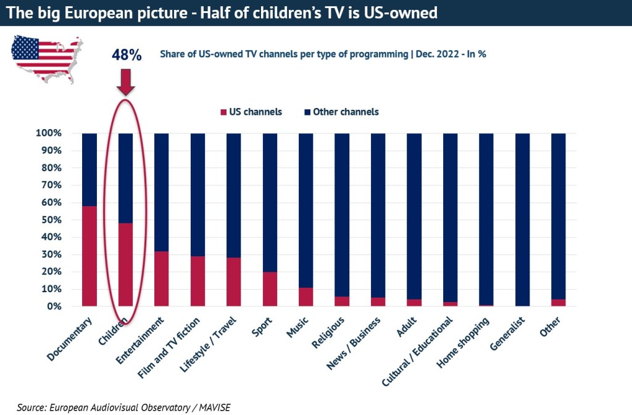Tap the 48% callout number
pos(127,55)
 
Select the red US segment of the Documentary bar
pos(89,256)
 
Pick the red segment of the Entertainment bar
pos(162,279)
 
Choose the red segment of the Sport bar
pos(270,289)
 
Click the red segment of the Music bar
pos(306,297)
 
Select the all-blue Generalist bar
pos(523,219)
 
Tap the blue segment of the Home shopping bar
pos(486,219)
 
